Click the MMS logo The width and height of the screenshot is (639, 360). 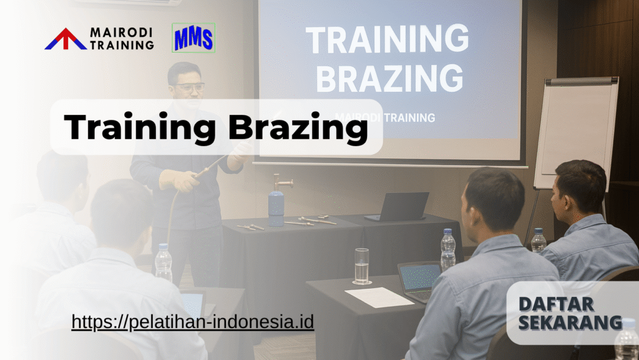pyautogui.click(x=193, y=37)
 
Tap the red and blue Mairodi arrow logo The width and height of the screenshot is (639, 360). pyautogui.click(x=66, y=39)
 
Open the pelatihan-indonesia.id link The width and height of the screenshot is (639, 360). pyautogui.click(x=192, y=322)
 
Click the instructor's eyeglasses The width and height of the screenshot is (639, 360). pyautogui.click(x=188, y=87)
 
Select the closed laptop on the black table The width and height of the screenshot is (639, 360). pyautogui.click(x=400, y=207)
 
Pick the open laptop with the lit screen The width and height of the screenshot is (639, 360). pyautogui.click(x=420, y=280)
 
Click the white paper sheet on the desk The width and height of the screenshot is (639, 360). pyautogui.click(x=379, y=296)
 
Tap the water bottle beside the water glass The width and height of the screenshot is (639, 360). pyautogui.click(x=448, y=250)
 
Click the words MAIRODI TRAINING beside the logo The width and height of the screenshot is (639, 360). pyautogui.click(x=122, y=38)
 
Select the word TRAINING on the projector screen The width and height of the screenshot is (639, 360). pyautogui.click(x=388, y=40)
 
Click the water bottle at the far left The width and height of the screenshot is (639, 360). pyautogui.click(x=163, y=262)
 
